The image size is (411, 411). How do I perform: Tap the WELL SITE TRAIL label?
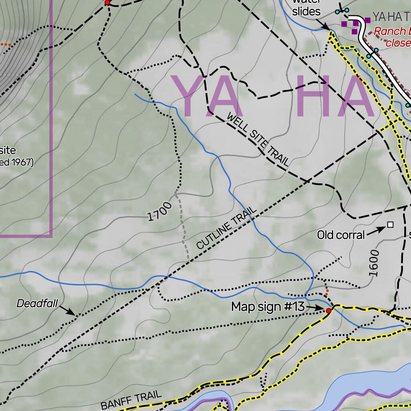coord(258,139)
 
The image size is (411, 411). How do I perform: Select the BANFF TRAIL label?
coord(131,400)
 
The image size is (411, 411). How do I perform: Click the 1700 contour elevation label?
coord(160,212)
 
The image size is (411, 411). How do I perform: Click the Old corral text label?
coord(341,235)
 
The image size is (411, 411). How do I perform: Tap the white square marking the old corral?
coord(390,225)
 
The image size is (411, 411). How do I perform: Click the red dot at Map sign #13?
coord(329,311)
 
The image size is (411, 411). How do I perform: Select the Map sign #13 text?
coord(268,307)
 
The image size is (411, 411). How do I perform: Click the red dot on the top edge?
coord(107,2)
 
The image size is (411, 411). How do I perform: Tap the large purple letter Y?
coord(191,96)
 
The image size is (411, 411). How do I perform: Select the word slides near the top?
coord(306,12)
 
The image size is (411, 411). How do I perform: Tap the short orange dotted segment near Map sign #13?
coord(327,292)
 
